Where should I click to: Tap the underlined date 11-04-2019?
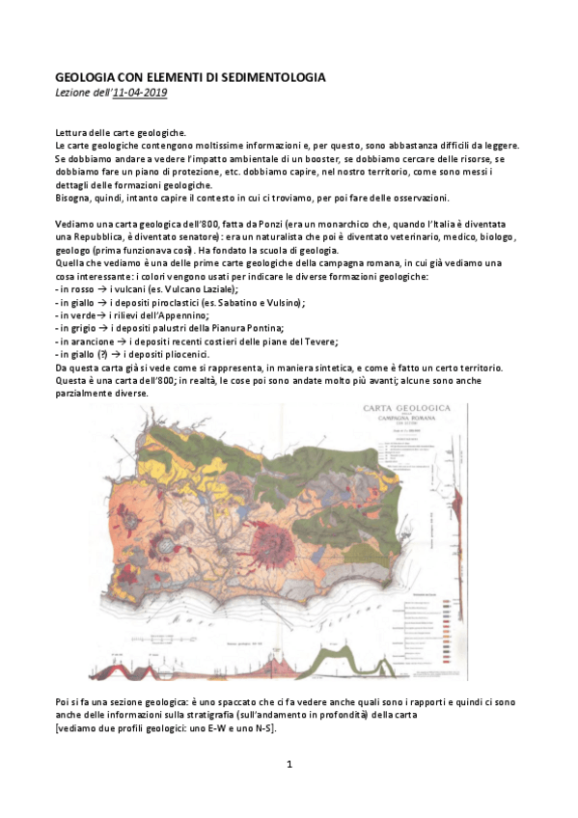pos(146,92)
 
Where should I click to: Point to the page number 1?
pos(289,765)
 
